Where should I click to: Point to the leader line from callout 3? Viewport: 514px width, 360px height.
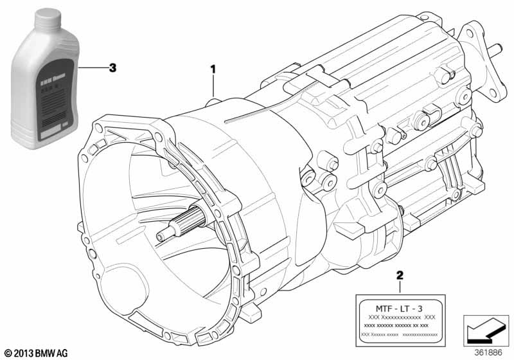91,67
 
